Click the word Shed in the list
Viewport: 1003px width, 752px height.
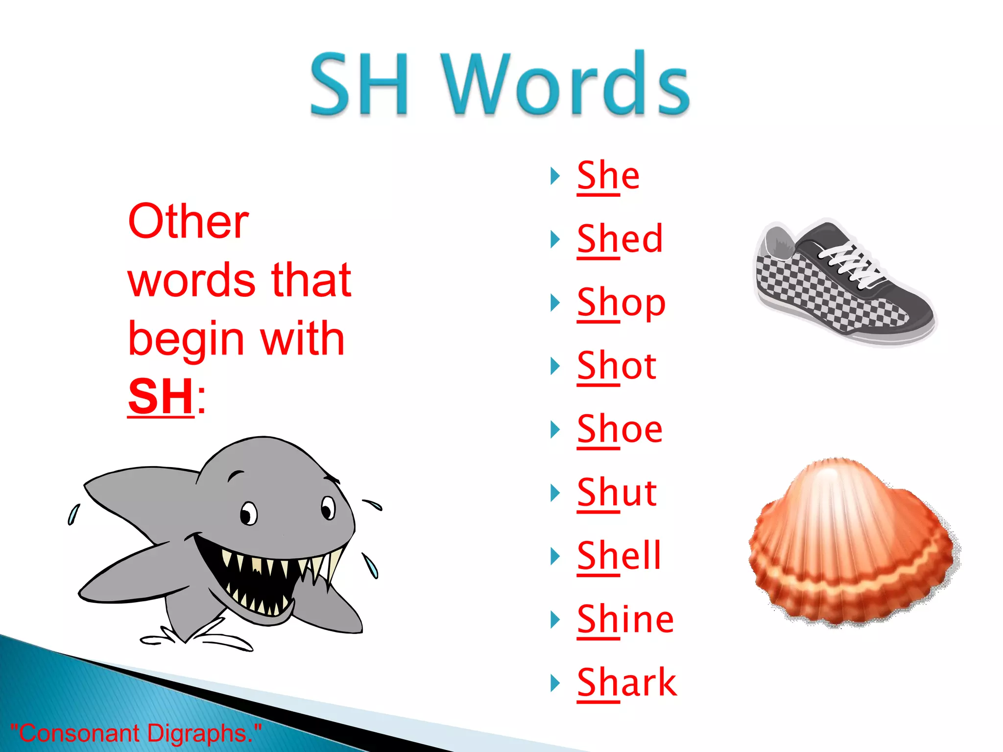click(620, 239)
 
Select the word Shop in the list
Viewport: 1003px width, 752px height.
click(621, 303)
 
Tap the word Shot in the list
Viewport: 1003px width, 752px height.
click(616, 366)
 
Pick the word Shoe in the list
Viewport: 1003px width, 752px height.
click(620, 429)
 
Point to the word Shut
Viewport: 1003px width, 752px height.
click(617, 493)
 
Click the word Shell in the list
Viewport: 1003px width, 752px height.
click(619, 556)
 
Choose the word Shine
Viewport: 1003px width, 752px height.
click(625, 619)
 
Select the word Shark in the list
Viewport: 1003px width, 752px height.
click(627, 682)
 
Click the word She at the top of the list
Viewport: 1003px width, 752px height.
click(608, 176)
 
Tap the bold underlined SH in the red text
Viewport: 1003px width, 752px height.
click(161, 397)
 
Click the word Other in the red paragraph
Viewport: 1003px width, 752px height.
click(189, 222)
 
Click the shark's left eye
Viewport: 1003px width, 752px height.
click(249, 513)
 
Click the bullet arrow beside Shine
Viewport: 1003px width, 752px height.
click(555, 620)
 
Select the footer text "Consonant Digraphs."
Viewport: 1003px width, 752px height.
click(136, 733)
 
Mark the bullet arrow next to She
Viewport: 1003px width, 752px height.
click(555, 176)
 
